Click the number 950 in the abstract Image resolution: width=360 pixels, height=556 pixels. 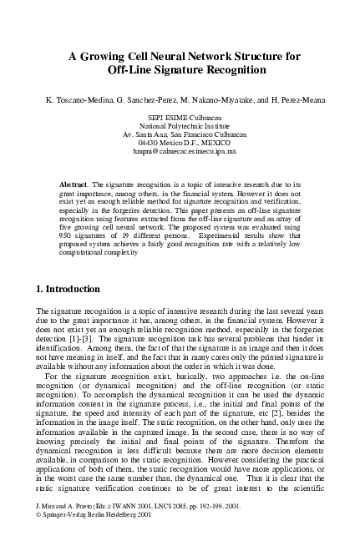(x=68, y=240)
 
